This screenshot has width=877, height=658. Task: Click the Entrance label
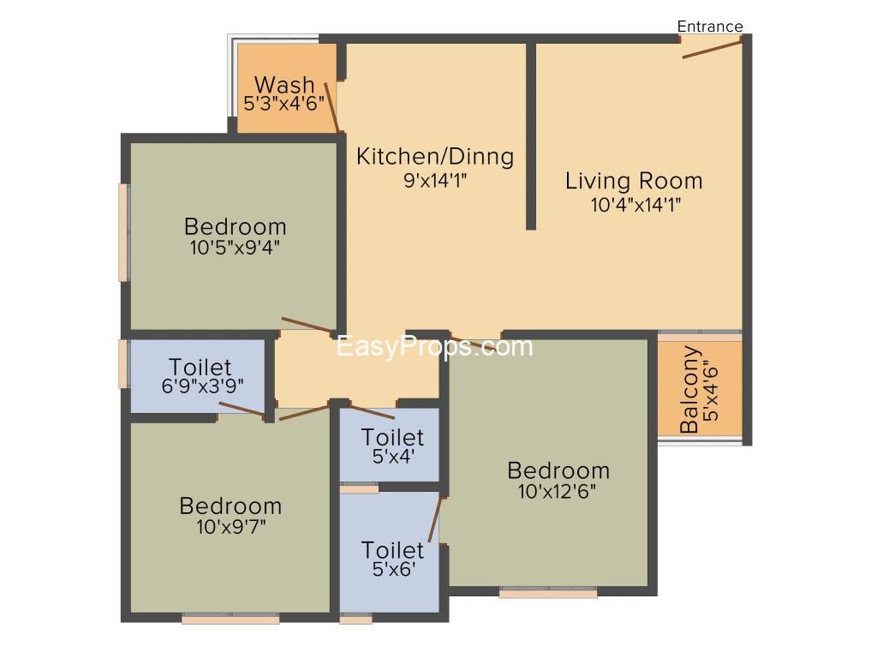[710, 27]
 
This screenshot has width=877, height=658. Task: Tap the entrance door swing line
[712, 48]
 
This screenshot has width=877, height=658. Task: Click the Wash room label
[284, 85]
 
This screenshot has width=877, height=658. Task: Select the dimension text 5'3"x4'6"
[284, 104]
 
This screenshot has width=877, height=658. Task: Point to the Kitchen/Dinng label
[435, 157]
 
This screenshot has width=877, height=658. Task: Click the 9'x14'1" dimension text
[435, 180]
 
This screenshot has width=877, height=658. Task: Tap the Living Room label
[634, 181]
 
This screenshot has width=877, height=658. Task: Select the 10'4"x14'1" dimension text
[636, 205]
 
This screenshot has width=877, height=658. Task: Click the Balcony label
[689, 390]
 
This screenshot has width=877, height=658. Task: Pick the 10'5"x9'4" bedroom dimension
[235, 248]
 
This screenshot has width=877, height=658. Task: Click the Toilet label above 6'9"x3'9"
[200, 367]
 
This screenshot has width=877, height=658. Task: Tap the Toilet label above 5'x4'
[392, 437]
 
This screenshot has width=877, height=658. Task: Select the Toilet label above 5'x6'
[392, 550]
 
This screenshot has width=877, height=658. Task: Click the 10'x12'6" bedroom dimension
[557, 491]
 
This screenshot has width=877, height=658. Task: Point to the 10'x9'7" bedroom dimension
[231, 527]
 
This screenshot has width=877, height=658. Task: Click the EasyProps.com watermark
[434, 347]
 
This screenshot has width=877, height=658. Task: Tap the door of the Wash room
[331, 106]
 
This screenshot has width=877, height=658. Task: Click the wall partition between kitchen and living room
[531, 136]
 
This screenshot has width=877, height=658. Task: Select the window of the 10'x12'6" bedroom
[548, 593]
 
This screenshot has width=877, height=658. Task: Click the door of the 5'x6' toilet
[435, 519]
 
